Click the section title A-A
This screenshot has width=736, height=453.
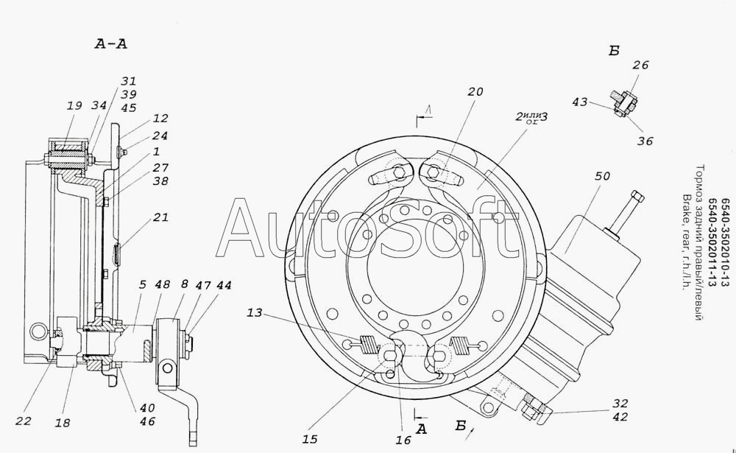[x=111, y=43]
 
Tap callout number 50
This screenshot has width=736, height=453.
[x=602, y=176]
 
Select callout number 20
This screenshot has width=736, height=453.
[x=475, y=91]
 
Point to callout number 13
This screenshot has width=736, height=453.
[x=255, y=312]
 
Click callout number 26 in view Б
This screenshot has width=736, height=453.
[x=640, y=65]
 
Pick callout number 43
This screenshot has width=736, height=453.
[x=580, y=102]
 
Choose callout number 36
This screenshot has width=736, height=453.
[x=645, y=141]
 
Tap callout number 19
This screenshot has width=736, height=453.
[x=74, y=106]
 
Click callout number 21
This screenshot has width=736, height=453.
[x=160, y=217]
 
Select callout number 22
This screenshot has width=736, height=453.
[x=23, y=421]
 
